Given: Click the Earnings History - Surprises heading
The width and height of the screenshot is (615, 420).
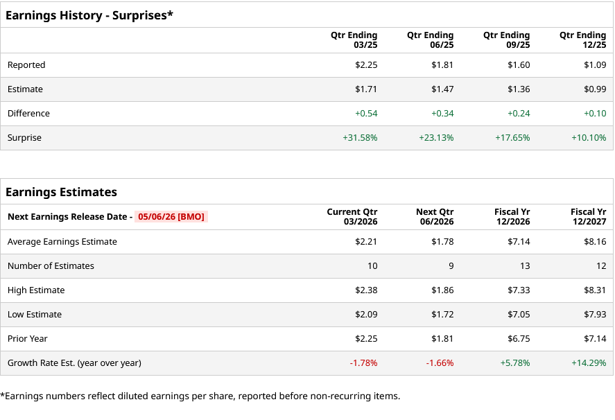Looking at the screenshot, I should pos(89,15).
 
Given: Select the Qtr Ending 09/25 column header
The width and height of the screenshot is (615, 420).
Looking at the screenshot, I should pos(506,40).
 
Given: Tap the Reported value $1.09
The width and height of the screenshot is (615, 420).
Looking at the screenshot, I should pos(595,65).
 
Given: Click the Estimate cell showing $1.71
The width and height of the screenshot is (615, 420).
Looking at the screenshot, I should pos(366,89).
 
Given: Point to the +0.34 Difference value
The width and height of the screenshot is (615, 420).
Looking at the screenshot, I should pos(442,114).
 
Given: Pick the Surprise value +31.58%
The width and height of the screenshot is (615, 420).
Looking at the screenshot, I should pos(360,138).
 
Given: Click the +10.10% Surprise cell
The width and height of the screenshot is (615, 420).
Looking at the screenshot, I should pos(589,138).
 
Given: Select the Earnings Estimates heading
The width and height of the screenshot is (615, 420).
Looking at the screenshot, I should pos(61,192).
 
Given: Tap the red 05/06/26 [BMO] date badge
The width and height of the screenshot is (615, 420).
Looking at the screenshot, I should pos(171,217).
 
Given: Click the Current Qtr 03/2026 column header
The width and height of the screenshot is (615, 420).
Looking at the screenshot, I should pos(352,217).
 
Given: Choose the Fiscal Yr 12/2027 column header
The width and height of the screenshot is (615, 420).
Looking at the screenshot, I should pos(588,217).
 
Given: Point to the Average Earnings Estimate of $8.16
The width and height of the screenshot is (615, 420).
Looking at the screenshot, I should pos(595,242).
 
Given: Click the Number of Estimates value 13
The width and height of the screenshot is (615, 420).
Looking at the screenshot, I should pos(525,266).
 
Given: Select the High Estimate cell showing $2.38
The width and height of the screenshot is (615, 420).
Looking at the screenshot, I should pos(366,290).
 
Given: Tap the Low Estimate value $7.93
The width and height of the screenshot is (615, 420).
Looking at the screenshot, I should pos(595,315).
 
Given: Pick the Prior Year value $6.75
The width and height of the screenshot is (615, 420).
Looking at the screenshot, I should pos(519,339).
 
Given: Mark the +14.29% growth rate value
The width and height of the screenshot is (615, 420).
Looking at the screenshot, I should pos(589,363).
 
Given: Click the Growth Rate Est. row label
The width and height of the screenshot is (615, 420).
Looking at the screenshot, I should pos(74,363).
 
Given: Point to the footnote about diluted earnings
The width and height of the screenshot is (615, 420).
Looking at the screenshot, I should pos(200,396).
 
